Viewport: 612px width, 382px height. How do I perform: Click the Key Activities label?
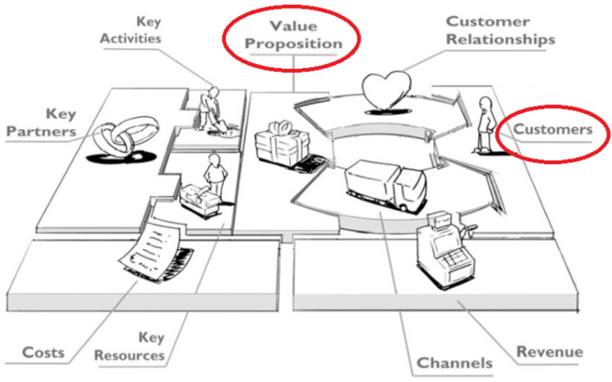click(131, 30)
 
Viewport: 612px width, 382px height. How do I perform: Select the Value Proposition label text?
click(294, 35)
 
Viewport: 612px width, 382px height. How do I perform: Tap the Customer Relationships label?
click(501, 30)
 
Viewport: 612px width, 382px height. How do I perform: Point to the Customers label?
click(553, 129)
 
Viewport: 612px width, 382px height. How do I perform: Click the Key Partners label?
click(41, 123)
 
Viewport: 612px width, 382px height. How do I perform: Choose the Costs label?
click(43, 353)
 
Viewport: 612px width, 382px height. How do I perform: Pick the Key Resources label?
click(130, 347)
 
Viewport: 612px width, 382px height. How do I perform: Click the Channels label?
click(455, 363)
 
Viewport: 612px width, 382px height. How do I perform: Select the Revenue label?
click(550, 352)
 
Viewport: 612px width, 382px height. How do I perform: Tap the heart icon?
click(386, 91)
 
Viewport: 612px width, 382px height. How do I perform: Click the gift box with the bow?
click(282, 143)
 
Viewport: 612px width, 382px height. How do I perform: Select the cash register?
click(445, 249)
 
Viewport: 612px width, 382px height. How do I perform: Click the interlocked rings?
click(121, 140)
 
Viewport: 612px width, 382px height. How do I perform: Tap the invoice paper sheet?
click(150, 249)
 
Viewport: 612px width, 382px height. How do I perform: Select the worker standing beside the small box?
click(215, 176)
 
